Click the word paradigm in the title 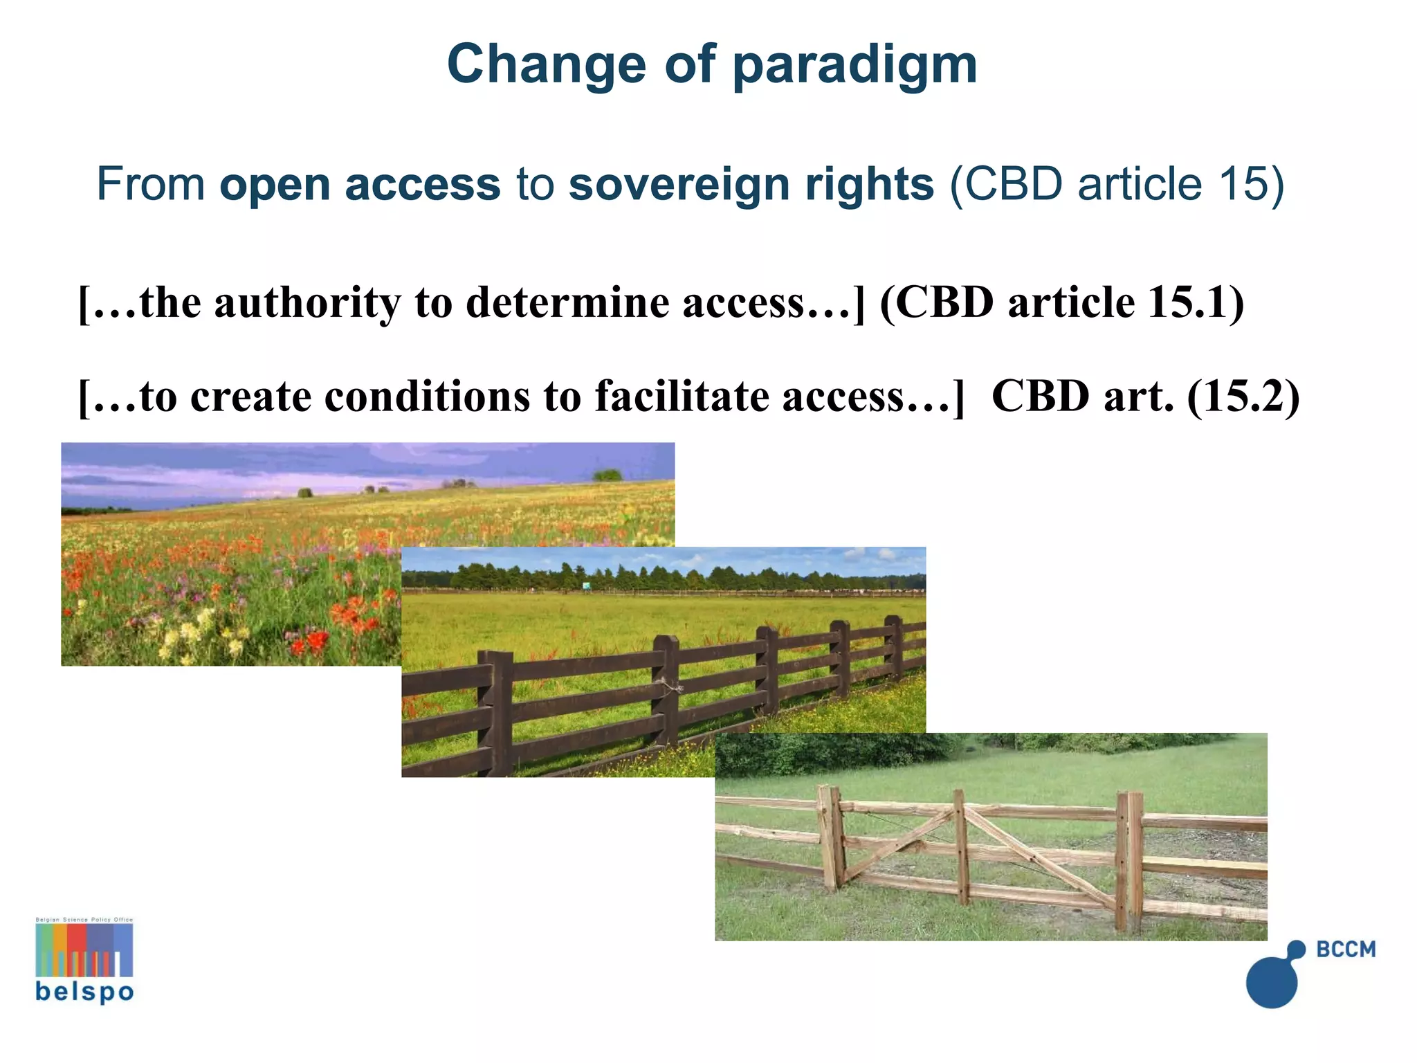click(x=854, y=64)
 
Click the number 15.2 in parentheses click(x=1243, y=397)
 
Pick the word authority click(x=307, y=302)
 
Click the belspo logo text click(x=84, y=992)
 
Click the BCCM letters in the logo click(x=1345, y=950)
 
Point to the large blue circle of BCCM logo click(x=1272, y=983)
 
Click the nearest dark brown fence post click(x=496, y=713)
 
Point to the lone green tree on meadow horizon click(x=607, y=475)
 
